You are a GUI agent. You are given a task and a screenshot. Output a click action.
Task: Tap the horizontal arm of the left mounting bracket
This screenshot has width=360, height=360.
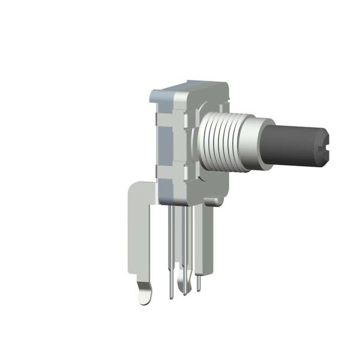[144, 190]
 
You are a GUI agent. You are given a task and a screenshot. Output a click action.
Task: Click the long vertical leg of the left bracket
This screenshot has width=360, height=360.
[137, 240]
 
